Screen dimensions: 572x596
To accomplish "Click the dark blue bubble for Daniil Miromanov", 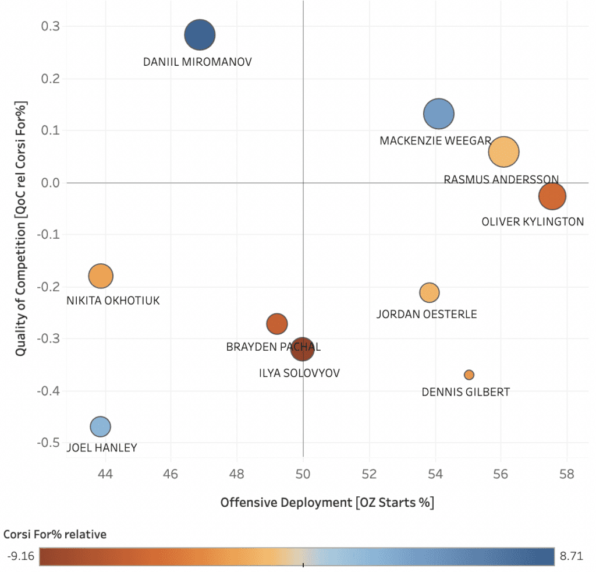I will [200, 35].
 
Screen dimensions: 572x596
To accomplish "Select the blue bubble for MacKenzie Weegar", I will [439, 114].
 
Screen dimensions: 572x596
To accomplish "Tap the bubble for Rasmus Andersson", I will [504, 151].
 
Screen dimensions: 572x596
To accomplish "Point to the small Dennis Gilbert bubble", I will [469, 375].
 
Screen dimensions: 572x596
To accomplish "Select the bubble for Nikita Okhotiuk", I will [101, 276].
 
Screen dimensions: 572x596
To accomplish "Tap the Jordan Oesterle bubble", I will [429, 292].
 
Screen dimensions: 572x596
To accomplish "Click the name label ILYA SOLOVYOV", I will [299, 373].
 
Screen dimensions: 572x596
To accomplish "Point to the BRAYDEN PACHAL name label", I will [274, 347].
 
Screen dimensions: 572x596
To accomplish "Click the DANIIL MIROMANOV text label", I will [198, 61].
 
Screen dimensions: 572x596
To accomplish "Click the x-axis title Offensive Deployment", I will [327, 502].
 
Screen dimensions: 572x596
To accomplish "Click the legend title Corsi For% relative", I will [55, 534].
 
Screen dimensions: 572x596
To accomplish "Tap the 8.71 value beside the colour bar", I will [571, 556].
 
